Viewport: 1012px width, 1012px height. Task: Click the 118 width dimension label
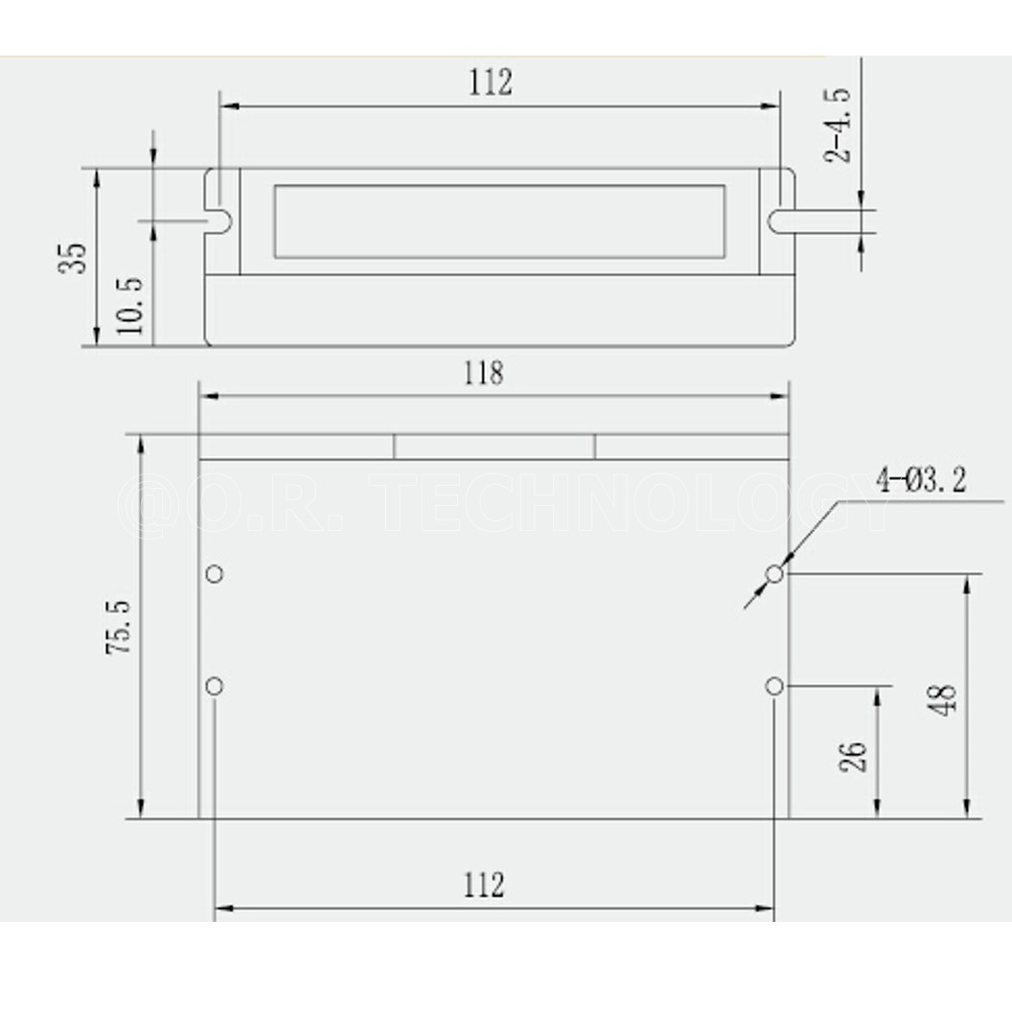483,373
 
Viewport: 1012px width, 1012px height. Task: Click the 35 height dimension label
74,257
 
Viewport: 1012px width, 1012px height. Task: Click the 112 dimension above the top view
490,82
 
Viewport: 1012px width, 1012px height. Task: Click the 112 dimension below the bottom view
483,884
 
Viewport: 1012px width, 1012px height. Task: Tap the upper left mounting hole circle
215,574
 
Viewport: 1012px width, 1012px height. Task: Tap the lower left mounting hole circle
215,686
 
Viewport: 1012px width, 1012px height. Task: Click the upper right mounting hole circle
774,574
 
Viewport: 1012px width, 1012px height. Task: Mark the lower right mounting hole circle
774,686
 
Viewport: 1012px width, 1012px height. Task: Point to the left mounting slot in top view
220,220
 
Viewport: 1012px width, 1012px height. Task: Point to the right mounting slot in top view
780,220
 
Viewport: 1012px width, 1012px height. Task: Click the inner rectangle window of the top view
499,221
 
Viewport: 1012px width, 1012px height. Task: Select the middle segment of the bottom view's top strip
494,447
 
